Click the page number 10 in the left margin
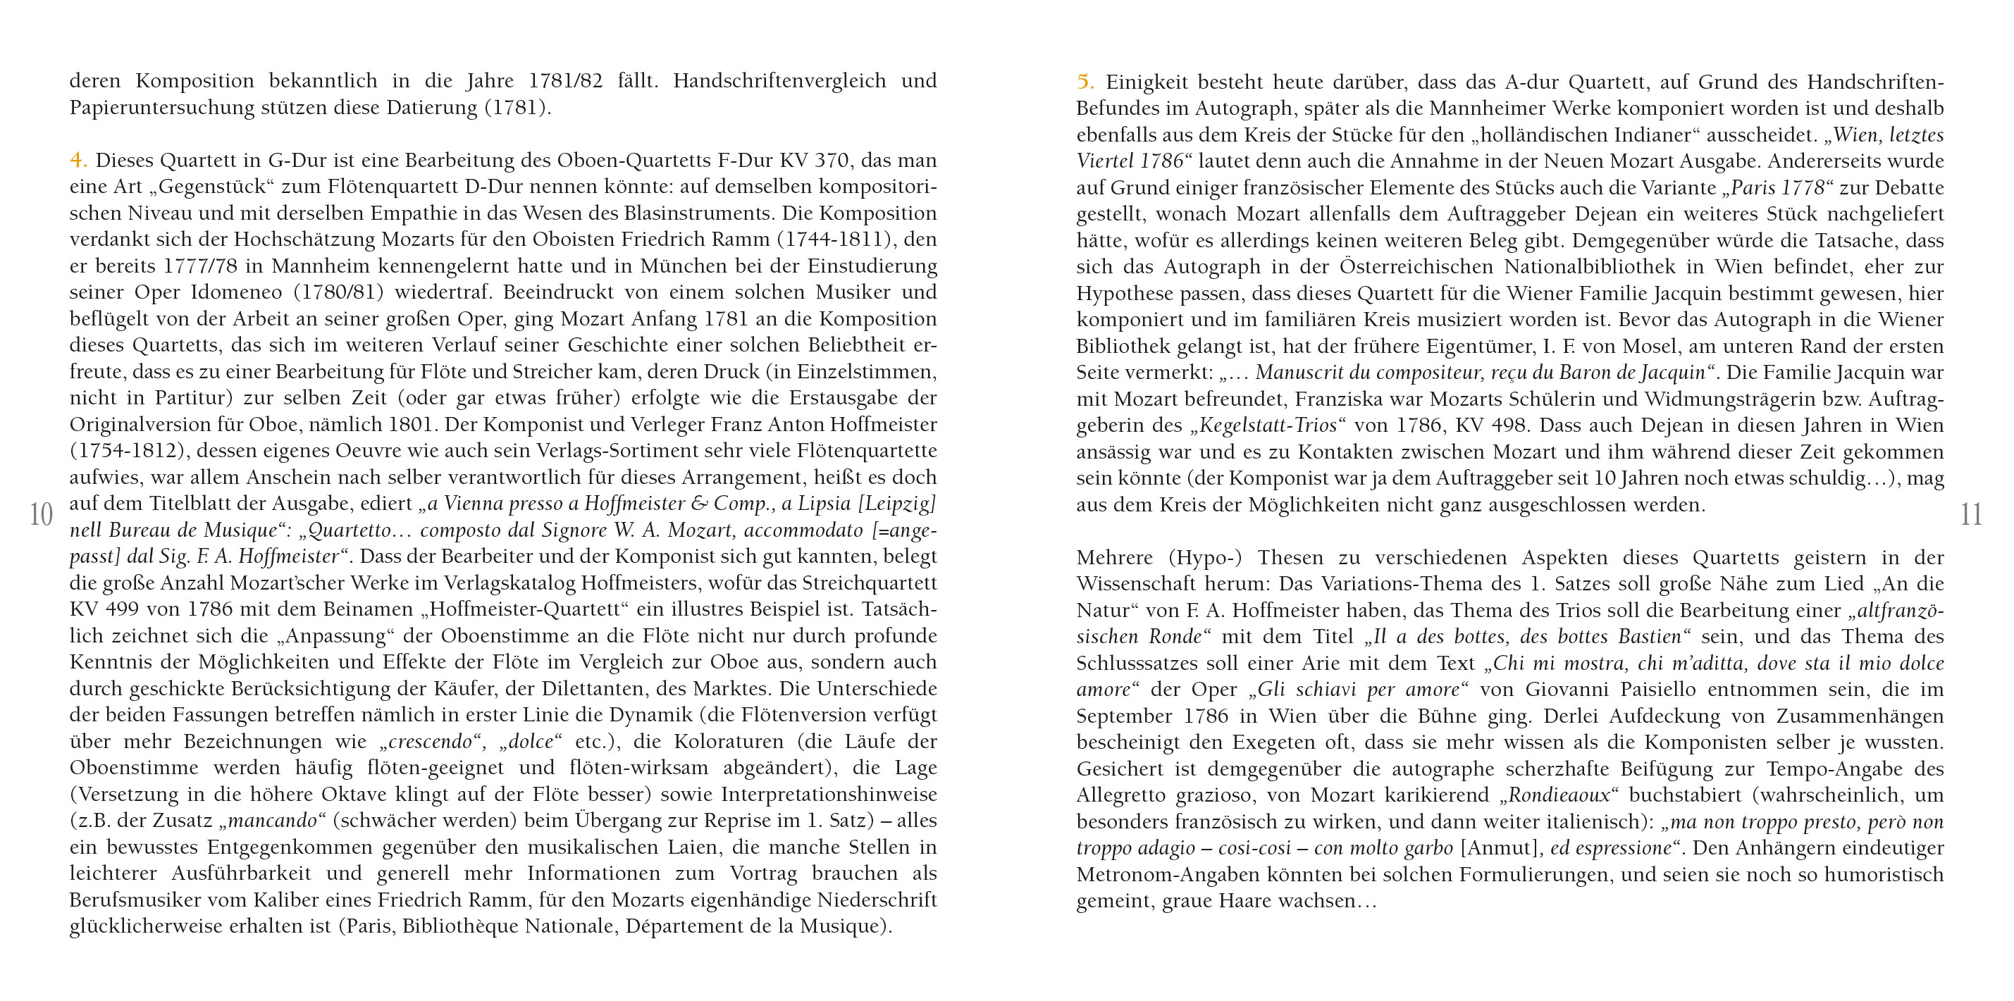pos(41,515)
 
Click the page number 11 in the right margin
pos(1971,515)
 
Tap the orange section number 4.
pos(78,160)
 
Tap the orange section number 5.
pos(1085,81)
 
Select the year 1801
pos(413,424)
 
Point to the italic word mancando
pos(273,821)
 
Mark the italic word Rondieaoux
pos(1558,795)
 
